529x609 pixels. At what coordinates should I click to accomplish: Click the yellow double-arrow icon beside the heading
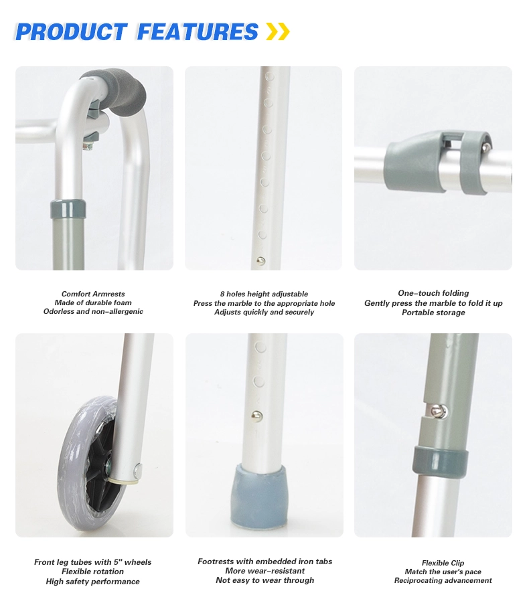[x=278, y=31]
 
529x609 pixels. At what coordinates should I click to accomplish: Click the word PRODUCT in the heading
[x=72, y=32]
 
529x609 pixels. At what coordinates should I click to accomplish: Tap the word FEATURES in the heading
[x=198, y=32]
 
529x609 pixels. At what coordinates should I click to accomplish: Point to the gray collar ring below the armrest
[x=68, y=209]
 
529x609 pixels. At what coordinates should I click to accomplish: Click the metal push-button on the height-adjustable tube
[x=261, y=260]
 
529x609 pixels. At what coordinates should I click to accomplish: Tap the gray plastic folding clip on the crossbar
[x=438, y=163]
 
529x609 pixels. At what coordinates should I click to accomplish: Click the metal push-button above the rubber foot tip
[x=256, y=416]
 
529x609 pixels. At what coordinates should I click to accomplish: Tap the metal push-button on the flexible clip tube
[x=439, y=410]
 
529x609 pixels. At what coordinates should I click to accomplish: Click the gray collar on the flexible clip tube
[x=441, y=461]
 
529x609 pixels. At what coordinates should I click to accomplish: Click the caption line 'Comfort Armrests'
[x=93, y=294]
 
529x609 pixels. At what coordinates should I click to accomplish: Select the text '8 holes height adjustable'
[x=264, y=294]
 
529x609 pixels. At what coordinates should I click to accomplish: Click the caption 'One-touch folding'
[x=433, y=293]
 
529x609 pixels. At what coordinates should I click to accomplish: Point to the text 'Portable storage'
[x=433, y=313]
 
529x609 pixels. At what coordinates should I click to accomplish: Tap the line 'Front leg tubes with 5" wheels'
[x=93, y=562]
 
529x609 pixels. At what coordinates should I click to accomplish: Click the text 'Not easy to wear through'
[x=265, y=580]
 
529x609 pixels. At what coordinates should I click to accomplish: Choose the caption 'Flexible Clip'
[x=443, y=563]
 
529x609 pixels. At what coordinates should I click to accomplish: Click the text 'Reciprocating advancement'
[x=443, y=580]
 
